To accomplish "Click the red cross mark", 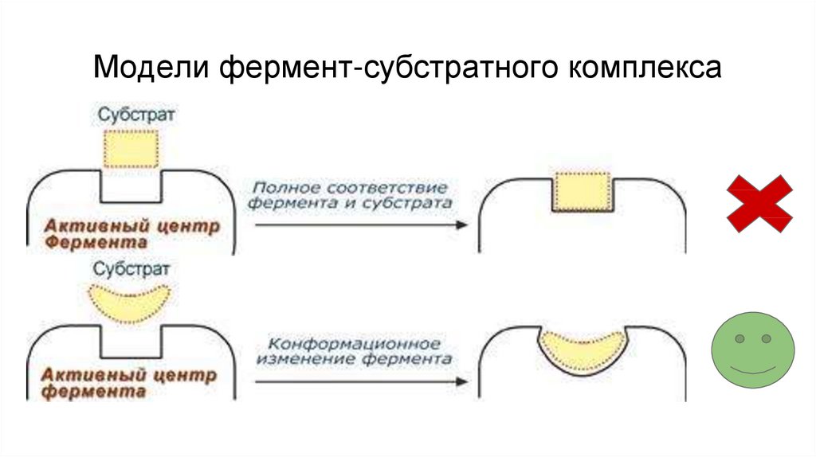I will click(759, 204).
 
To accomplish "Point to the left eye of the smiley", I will click(739, 339).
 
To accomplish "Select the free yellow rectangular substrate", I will click(131, 147).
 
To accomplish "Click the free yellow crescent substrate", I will click(131, 301).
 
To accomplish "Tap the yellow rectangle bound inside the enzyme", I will click(582, 193).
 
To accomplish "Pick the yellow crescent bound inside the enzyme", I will click(583, 350).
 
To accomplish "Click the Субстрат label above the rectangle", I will click(137, 115).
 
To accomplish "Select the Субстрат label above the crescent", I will click(131, 268).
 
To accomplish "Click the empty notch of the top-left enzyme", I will click(131, 186).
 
